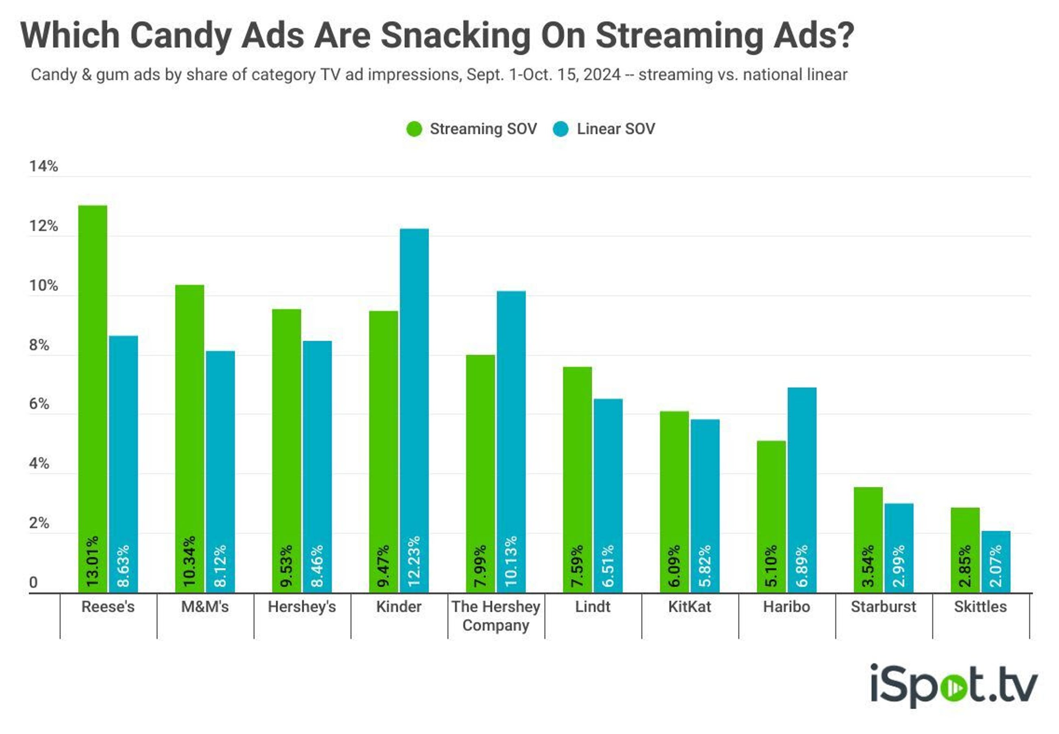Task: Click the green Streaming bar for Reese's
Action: click(x=92, y=368)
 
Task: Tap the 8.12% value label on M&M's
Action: click(x=220, y=566)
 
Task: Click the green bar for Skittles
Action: click(x=965, y=529)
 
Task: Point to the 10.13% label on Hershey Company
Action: click(x=511, y=561)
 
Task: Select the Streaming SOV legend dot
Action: click(x=414, y=129)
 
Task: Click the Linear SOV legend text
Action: click(x=615, y=129)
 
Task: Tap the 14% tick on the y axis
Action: click(x=44, y=167)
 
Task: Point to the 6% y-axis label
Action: click(x=39, y=404)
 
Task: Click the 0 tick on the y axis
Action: click(x=33, y=582)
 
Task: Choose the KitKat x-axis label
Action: click(x=689, y=607)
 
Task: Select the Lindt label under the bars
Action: click(x=593, y=607)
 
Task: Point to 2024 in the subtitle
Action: click(x=602, y=74)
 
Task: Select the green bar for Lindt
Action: click(x=577, y=460)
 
